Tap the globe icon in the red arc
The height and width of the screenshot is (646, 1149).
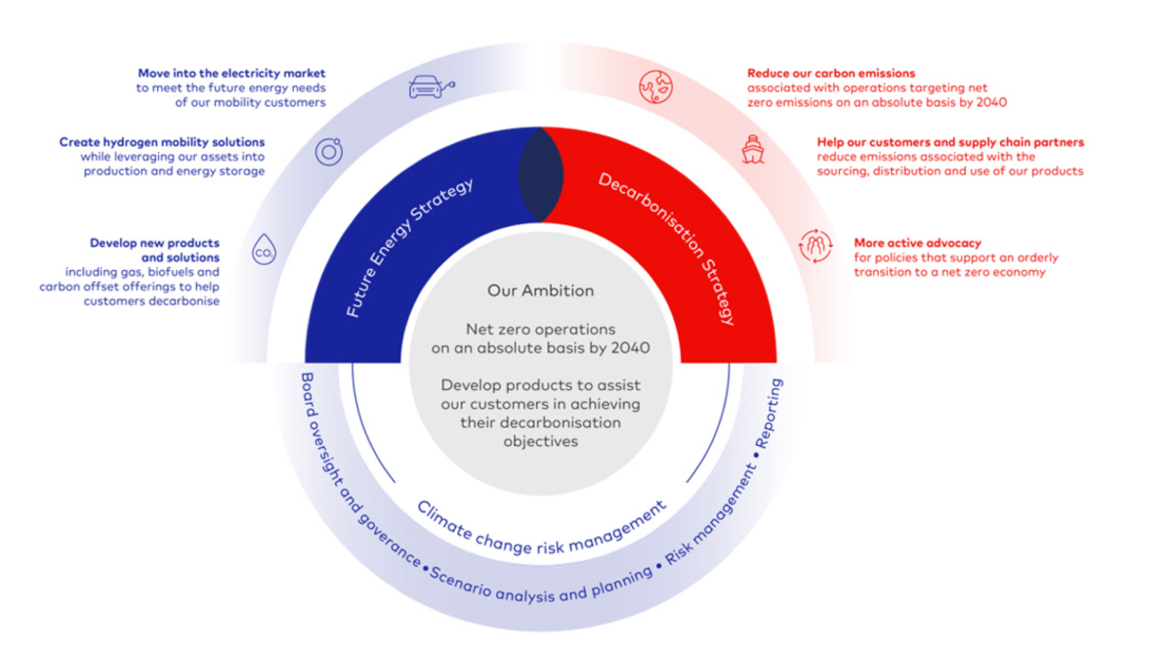[655, 86]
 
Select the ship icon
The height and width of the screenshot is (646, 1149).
[752, 150]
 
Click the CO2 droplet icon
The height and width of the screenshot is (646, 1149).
[264, 249]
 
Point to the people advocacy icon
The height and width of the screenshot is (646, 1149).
[815, 245]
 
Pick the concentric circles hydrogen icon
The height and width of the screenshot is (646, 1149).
[329, 151]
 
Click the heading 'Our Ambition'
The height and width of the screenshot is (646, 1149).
[540, 291]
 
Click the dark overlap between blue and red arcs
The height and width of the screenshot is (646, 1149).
[540, 175]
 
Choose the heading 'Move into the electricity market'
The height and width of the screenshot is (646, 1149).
[231, 73]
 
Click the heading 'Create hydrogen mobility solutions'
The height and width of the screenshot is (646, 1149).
[162, 142]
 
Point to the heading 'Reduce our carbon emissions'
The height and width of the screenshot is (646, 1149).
[831, 73]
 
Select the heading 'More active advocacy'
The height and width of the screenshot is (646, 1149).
[917, 243]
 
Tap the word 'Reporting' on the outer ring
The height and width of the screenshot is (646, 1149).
[769, 412]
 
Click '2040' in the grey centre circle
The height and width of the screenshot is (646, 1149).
[630, 348]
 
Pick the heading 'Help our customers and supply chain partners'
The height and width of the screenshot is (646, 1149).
[950, 142]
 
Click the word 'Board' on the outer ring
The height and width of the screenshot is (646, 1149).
[308, 393]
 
